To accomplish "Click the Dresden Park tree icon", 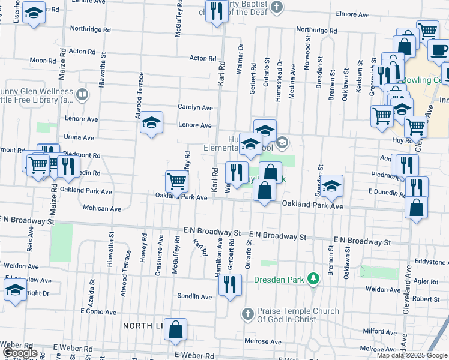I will pos(312,278).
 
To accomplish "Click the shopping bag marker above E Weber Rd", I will pos(175,329).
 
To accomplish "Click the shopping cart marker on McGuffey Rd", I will pos(176,181).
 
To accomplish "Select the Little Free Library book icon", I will pos(82,94).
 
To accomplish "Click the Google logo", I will pos(20,353).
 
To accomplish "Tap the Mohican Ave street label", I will pos(103,209).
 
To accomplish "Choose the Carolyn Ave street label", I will pos(195,107).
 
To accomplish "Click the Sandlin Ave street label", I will pos(194,297).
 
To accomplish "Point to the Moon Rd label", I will pos(43,61).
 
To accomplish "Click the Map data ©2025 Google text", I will pos(412,355).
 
